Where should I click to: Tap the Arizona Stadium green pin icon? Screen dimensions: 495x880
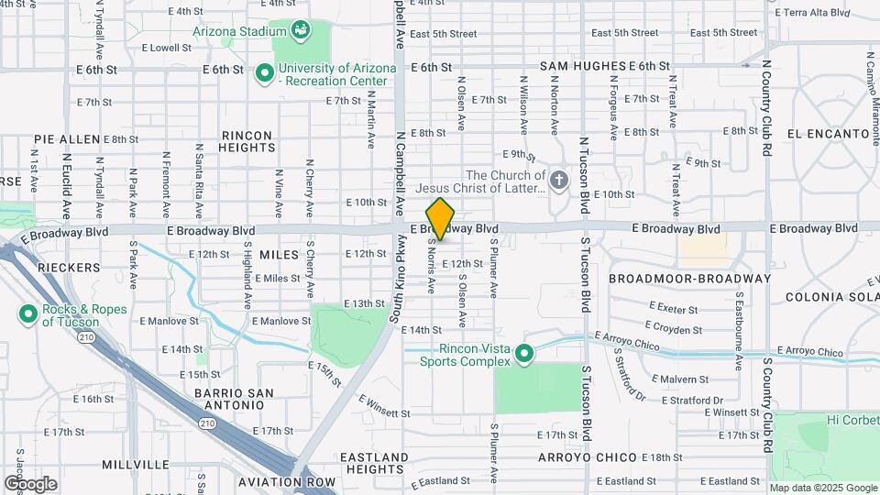click(300, 31)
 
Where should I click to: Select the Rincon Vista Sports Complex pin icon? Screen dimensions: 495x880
click(524, 353)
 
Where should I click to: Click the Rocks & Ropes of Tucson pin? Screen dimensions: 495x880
click(27, 315)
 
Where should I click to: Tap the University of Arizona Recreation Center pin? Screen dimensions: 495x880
click(264, 71)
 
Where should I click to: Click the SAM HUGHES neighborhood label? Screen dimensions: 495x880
click(582, 67)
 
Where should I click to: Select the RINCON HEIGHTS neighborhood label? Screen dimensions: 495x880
click(247, 141)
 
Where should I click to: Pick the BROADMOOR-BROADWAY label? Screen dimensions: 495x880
click(689, 279)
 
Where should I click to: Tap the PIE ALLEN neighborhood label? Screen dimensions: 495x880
click(66, 139)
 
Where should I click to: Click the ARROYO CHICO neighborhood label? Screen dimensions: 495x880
click(587, 457)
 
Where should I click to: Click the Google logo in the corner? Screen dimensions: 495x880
click(30, 484)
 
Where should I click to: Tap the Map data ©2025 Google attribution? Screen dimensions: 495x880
click(823, 488)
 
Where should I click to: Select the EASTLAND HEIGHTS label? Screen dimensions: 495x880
click(374, 463)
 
